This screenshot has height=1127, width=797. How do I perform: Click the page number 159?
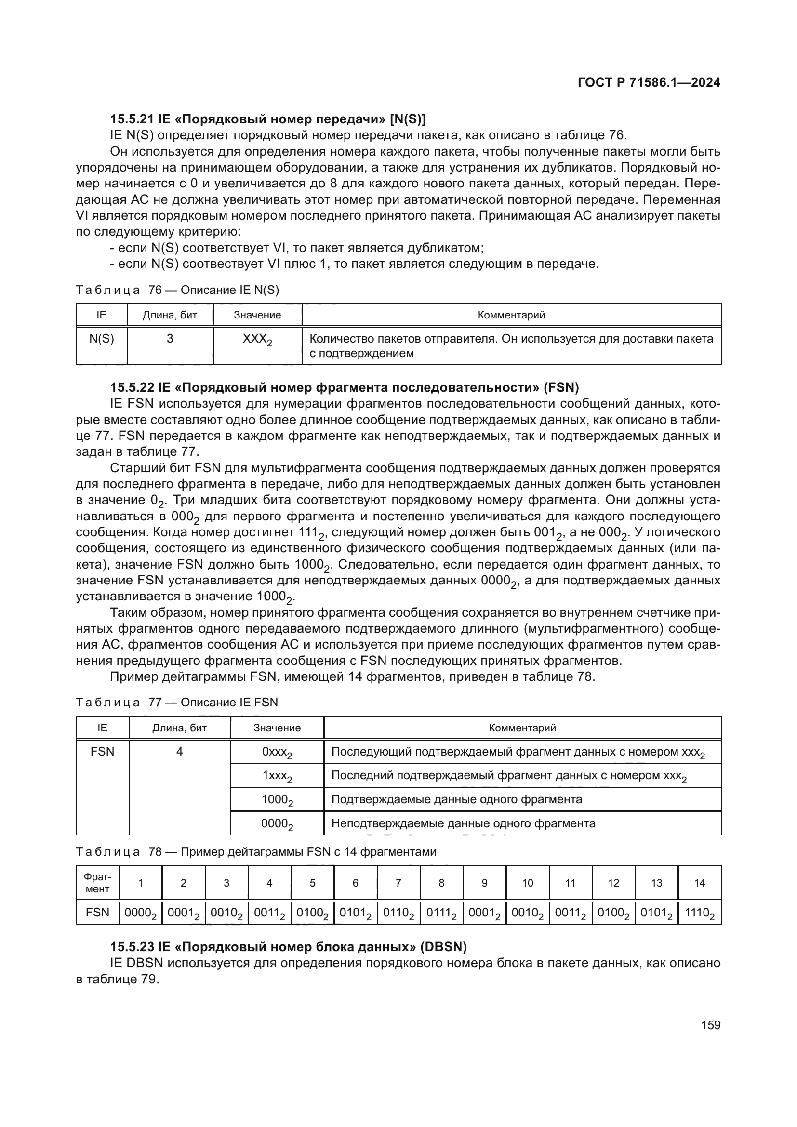coord(711,1025)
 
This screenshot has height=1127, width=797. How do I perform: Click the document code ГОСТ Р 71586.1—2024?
coord(649,82)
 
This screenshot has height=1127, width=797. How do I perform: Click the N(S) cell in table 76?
coord(102,339)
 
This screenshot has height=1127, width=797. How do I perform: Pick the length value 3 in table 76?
coord(170,339)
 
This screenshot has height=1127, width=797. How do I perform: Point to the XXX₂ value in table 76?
coord(257,340)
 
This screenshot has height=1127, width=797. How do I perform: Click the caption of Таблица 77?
coord(177,703)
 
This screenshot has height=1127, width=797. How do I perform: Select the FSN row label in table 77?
coord(102,752)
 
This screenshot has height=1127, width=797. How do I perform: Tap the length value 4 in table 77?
coord(180,752)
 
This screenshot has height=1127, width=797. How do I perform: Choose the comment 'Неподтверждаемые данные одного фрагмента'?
coord(463,823)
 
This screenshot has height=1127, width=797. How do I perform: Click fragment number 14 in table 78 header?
coord(699,883)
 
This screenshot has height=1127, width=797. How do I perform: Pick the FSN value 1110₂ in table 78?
coord(699,914)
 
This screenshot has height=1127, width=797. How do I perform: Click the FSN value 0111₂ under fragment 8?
coord(441,914)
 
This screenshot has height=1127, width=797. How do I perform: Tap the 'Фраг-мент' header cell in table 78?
coord(97,883)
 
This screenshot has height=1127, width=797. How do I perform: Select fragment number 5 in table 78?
coord(312,883)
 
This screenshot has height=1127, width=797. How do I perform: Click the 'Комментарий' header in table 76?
coord(511,315)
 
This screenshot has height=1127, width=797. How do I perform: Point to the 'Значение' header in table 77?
coord(277,728)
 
